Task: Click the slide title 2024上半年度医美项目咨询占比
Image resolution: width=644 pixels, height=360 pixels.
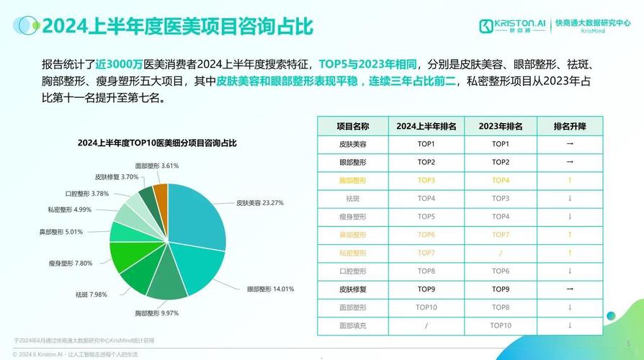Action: pos(176,27)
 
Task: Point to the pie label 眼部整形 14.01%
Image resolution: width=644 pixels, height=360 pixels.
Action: pos(270,289)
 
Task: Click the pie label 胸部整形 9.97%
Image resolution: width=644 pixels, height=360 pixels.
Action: pos(157,313)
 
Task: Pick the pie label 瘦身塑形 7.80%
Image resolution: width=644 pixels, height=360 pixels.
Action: pos(71,264)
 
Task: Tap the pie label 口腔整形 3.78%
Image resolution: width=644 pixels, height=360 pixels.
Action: pos(87,194)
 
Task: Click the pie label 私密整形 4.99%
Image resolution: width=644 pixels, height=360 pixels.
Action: pos(70,210)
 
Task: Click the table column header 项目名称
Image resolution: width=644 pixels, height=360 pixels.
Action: pos(353,126)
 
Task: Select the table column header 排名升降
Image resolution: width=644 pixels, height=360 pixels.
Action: pos(569,126)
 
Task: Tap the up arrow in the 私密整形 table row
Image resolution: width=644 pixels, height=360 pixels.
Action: pos(569,253)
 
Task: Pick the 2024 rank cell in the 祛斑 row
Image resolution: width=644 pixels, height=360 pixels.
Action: pos(426,198)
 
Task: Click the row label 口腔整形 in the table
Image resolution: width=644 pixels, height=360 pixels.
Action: pos(353,271)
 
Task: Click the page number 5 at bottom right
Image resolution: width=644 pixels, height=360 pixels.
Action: pos(628,343)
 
